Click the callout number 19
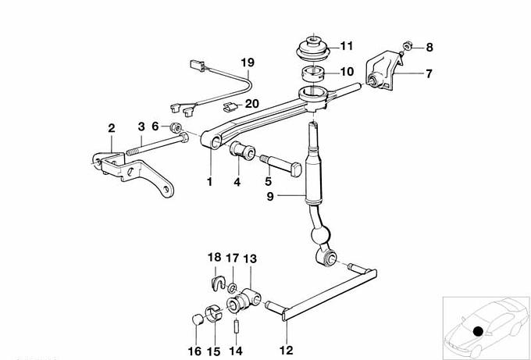point(248,62)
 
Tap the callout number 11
point(346,46)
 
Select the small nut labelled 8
point(408,45)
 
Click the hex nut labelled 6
point(176,127)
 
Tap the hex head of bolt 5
point(296,169)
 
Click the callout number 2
point(112,128)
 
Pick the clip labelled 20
point(230,107)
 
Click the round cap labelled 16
point(198,319)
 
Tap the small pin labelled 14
point(236,327)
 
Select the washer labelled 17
point(233,288)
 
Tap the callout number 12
point(286,350)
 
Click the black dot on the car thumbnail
point(478,331)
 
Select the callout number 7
point(429,73)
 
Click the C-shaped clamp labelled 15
point(214,313)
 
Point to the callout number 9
point(270,197)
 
